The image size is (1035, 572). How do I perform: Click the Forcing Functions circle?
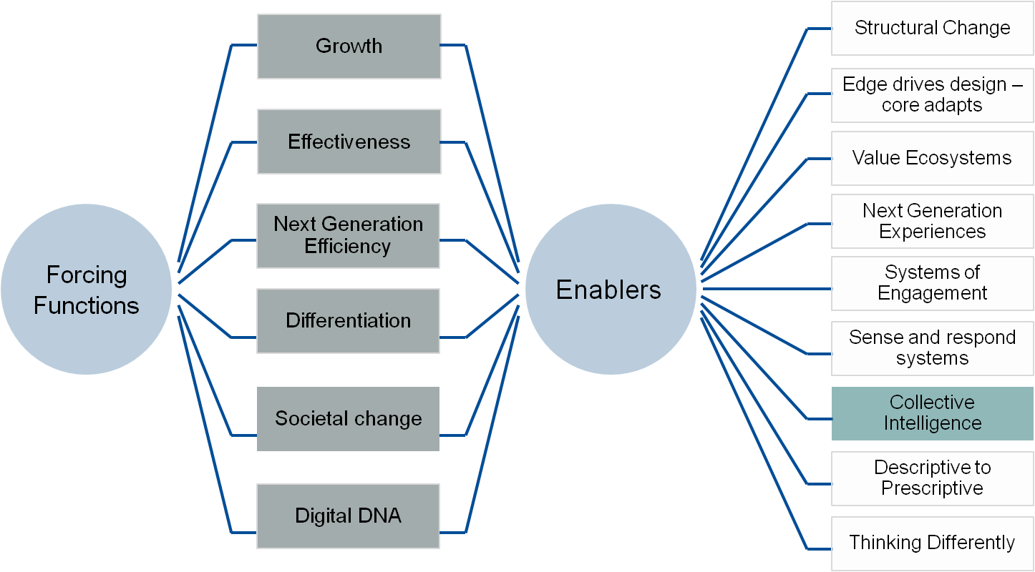point(86,290)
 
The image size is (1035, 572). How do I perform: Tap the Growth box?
point(349,46)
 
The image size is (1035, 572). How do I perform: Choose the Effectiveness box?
point(349,142)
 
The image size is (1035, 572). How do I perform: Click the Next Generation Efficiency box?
point(348,236)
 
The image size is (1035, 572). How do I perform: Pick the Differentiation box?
point(348,320)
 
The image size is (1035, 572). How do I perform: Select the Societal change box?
point(348,419)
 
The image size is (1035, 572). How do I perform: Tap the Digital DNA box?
point(348,516)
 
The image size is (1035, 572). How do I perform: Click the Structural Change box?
point(932,29)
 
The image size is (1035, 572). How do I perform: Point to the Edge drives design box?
point(932,94)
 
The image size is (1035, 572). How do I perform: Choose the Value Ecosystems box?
point(932,159)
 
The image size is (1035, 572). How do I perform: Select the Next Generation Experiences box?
point(932,222)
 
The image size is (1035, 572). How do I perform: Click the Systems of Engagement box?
point(932,283)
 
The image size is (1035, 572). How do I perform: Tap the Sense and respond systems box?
point(932,348)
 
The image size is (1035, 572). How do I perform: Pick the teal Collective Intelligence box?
point(932,413)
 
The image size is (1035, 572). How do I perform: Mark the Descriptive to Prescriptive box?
point(932,478)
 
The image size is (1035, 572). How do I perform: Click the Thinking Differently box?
point(932,543)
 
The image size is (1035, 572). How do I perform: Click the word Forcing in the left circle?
point(87,275)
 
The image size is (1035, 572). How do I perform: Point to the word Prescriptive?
point(932,488)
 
